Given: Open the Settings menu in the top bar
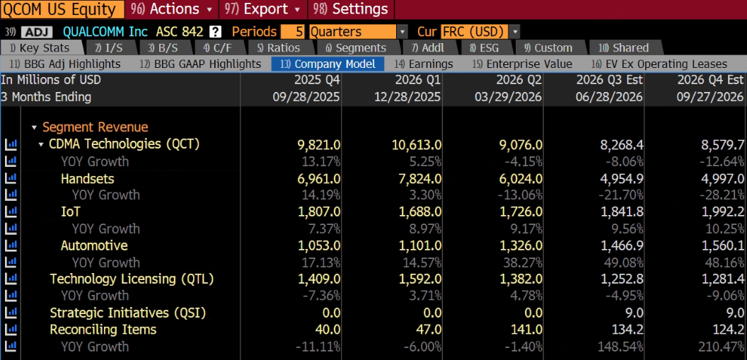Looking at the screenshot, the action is coord(352,9).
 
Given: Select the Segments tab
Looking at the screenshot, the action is coord(355,48).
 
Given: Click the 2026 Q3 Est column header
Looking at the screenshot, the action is coord(609,79).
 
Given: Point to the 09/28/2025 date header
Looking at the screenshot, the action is coord(306,97).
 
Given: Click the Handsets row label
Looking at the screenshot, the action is coord(88,178).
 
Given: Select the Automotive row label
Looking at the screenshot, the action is coord(94,245).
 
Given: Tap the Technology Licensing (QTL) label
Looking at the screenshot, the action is coord(132,279).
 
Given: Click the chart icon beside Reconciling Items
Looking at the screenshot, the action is coord(11,330).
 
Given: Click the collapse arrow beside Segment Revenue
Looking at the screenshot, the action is coord(34,127).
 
